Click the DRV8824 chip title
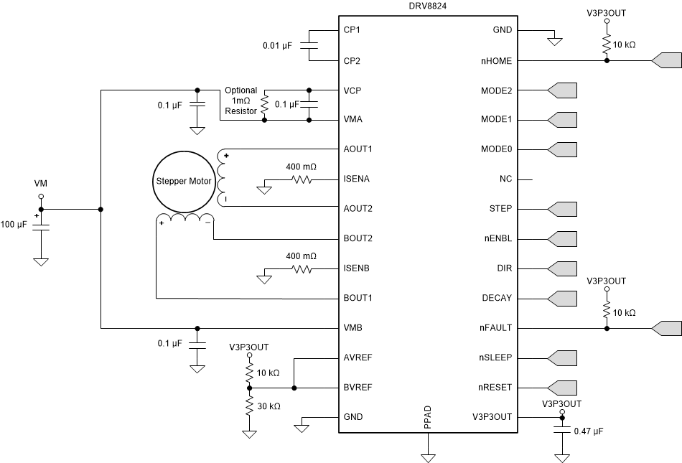[429, 6]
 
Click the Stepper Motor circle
[183, 181]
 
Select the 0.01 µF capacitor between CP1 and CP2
[309, 45]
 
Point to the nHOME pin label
[496, 61]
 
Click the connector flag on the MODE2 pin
[562, 90]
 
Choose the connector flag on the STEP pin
[562, 209]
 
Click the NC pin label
[505, 179]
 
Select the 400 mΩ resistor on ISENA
[302, 179]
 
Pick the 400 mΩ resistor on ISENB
[302, 268]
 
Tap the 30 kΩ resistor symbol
[249, 406]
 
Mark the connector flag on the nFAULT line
[666, 328]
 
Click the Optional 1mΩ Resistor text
[240, 101]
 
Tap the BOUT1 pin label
[359, 298]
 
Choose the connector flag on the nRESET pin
[562, 387]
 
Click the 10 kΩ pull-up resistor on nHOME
[607, 44]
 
